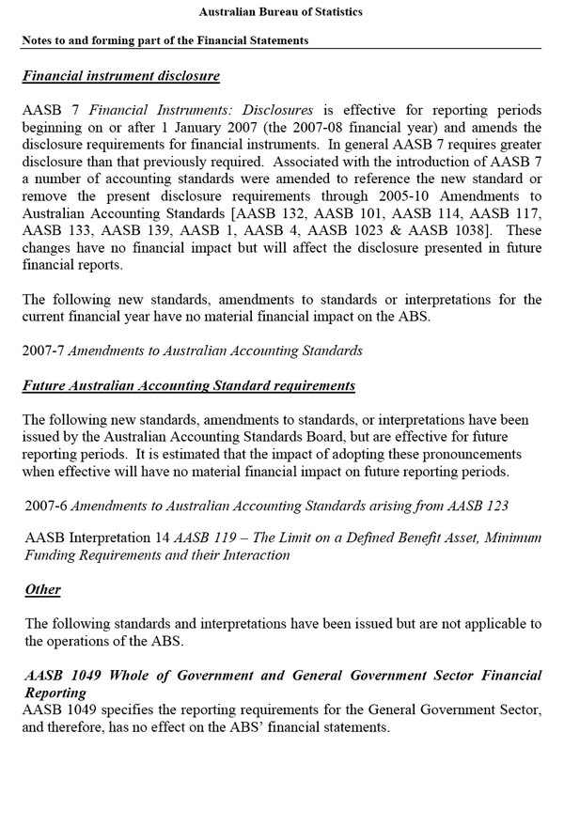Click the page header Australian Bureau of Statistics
(281, 12)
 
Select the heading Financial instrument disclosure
(120, 75)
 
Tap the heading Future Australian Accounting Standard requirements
(189, 385)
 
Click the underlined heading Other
(42, 589)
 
